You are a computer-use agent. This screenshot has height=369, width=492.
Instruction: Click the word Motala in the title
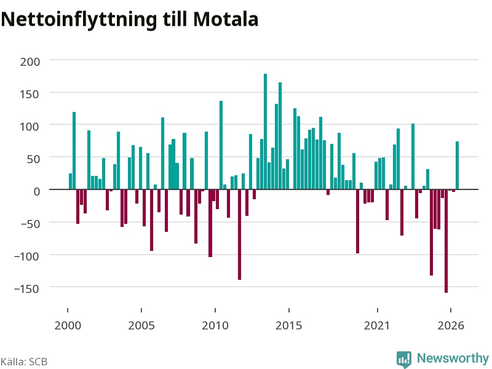(226, 19)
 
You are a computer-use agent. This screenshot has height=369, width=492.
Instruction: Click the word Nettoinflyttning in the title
(79, 20)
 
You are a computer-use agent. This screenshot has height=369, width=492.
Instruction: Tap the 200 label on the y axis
(30, 62)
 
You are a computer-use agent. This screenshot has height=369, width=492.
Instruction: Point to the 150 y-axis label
(30, 94)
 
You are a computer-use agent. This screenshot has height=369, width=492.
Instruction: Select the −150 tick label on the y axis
(27, 288)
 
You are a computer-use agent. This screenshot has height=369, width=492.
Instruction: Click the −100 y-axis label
(27, 256)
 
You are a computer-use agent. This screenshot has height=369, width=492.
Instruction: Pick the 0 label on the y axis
(37, 191)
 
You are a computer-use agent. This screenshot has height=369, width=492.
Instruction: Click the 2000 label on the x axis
(68, 325)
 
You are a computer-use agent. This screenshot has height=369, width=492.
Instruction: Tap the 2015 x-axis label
(288, 325)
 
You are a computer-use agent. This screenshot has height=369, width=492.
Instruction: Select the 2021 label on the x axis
(377, 325)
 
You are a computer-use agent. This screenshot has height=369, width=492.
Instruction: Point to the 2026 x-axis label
(451, 325)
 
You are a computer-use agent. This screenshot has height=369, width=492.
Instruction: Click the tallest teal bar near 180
(266, 132)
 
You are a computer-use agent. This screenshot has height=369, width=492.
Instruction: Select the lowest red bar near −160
(446, 241)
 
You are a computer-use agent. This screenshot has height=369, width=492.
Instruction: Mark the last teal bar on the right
(457, 165)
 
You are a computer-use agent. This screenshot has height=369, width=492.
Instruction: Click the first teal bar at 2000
(70, 181)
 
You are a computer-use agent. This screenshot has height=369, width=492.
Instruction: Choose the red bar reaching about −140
(239, 234)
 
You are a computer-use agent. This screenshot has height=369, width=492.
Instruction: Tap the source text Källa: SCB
(24, 362)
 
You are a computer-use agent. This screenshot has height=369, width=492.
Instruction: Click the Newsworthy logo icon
(404, 359)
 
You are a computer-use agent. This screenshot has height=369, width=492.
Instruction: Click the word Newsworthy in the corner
(453, 358)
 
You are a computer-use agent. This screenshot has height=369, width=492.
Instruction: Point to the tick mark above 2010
(215, 310)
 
